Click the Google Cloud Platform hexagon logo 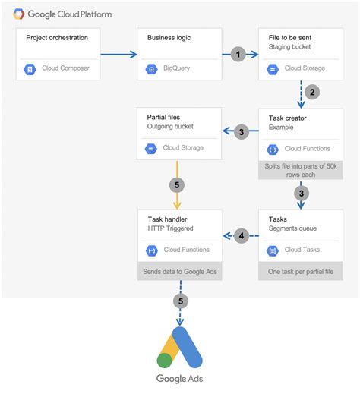[16, 14]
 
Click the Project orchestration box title [56, 37]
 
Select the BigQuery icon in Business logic [151, 68]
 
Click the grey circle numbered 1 [238, 55]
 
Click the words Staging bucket [291, 47]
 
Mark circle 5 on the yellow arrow [177, 184]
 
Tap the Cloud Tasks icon [273, 250]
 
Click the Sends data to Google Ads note [180, 271]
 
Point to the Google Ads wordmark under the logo [180, 380]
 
